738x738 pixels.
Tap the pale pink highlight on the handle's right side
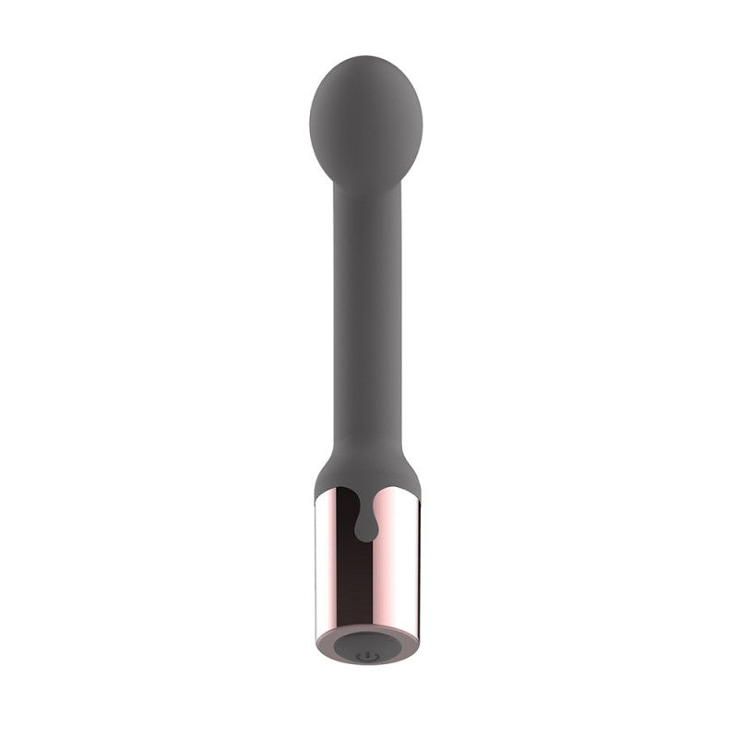tap(406, 572)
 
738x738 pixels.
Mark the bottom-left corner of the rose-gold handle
tap(315, 637)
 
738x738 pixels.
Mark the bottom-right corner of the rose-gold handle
tap(419, 637)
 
